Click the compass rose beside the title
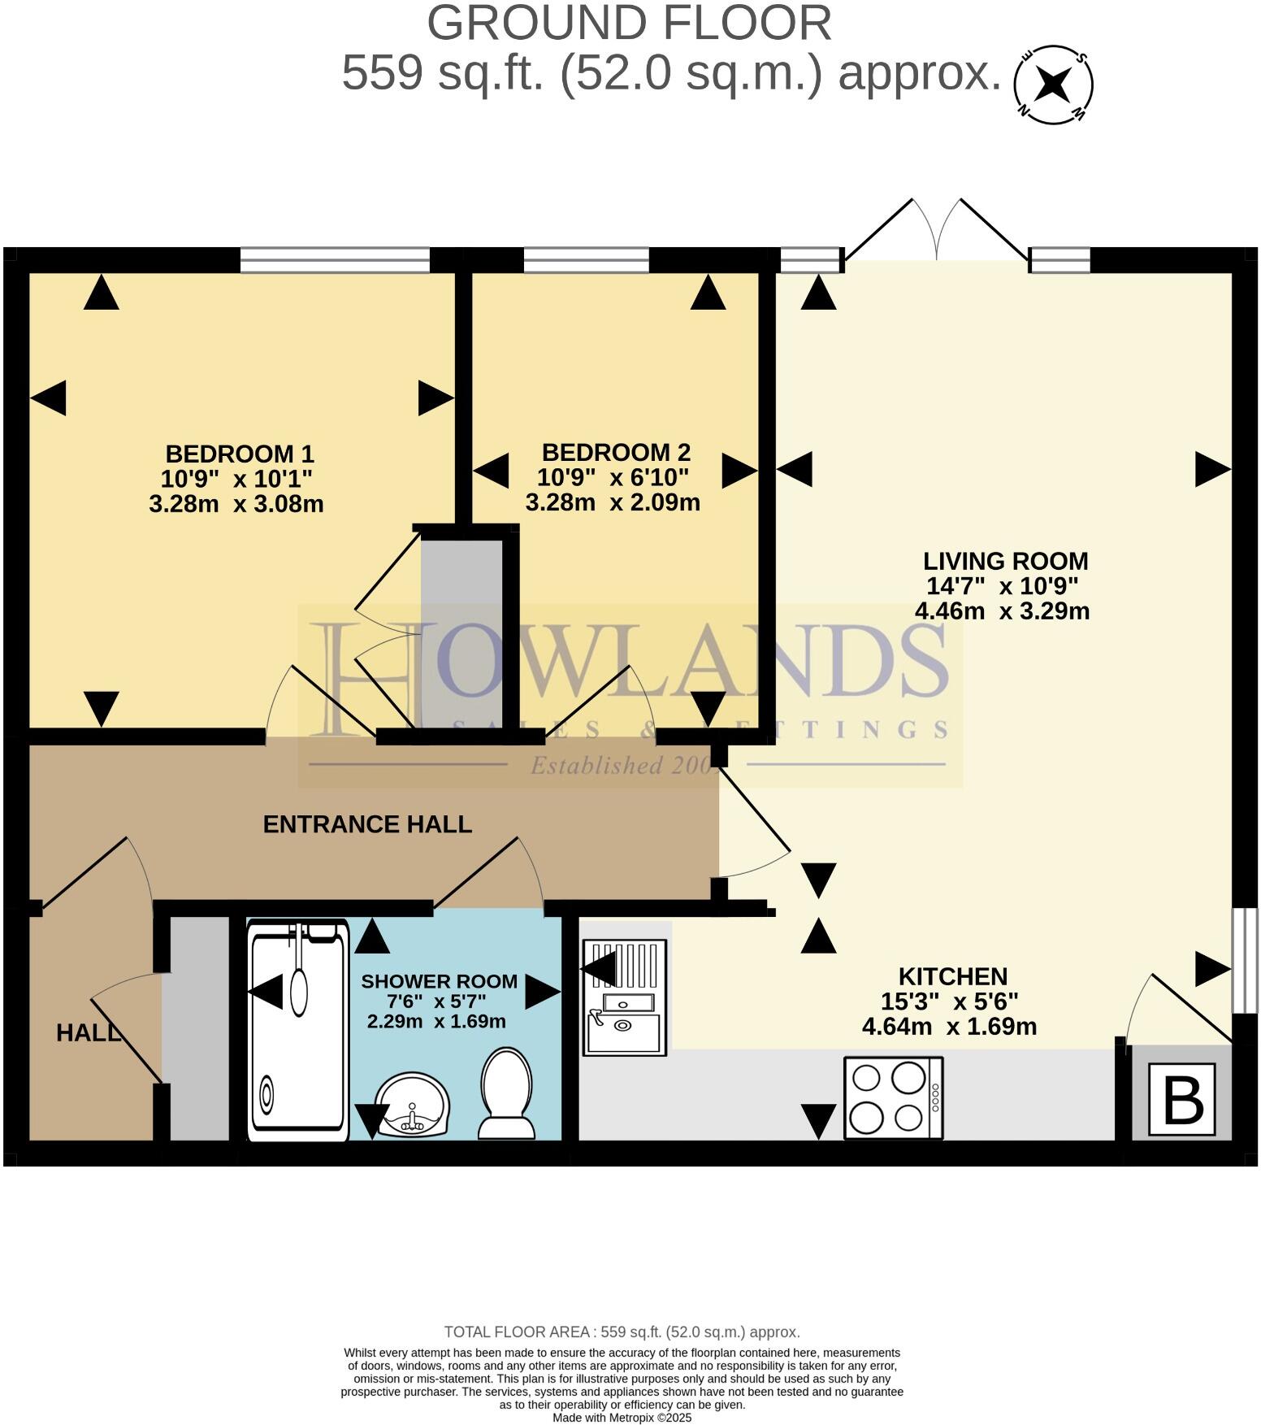[1053, 85]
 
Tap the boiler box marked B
[1181, 1100]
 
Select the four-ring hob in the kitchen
[893, 1098]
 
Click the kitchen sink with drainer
[624, 997]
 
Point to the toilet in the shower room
[507, 1093]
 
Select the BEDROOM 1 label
[240, 454]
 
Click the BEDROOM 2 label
[616, 452]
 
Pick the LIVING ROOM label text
[1005, 561]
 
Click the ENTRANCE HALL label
[367, 824]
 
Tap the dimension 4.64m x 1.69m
[949, 1027]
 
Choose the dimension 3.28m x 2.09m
[613, 502]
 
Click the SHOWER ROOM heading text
[439, 981]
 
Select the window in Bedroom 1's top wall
[335, 260]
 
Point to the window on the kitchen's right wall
[1244, 961]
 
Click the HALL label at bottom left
[88, 1032]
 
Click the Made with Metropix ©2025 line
[622, 1417]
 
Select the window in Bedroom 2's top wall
[586, 260]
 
